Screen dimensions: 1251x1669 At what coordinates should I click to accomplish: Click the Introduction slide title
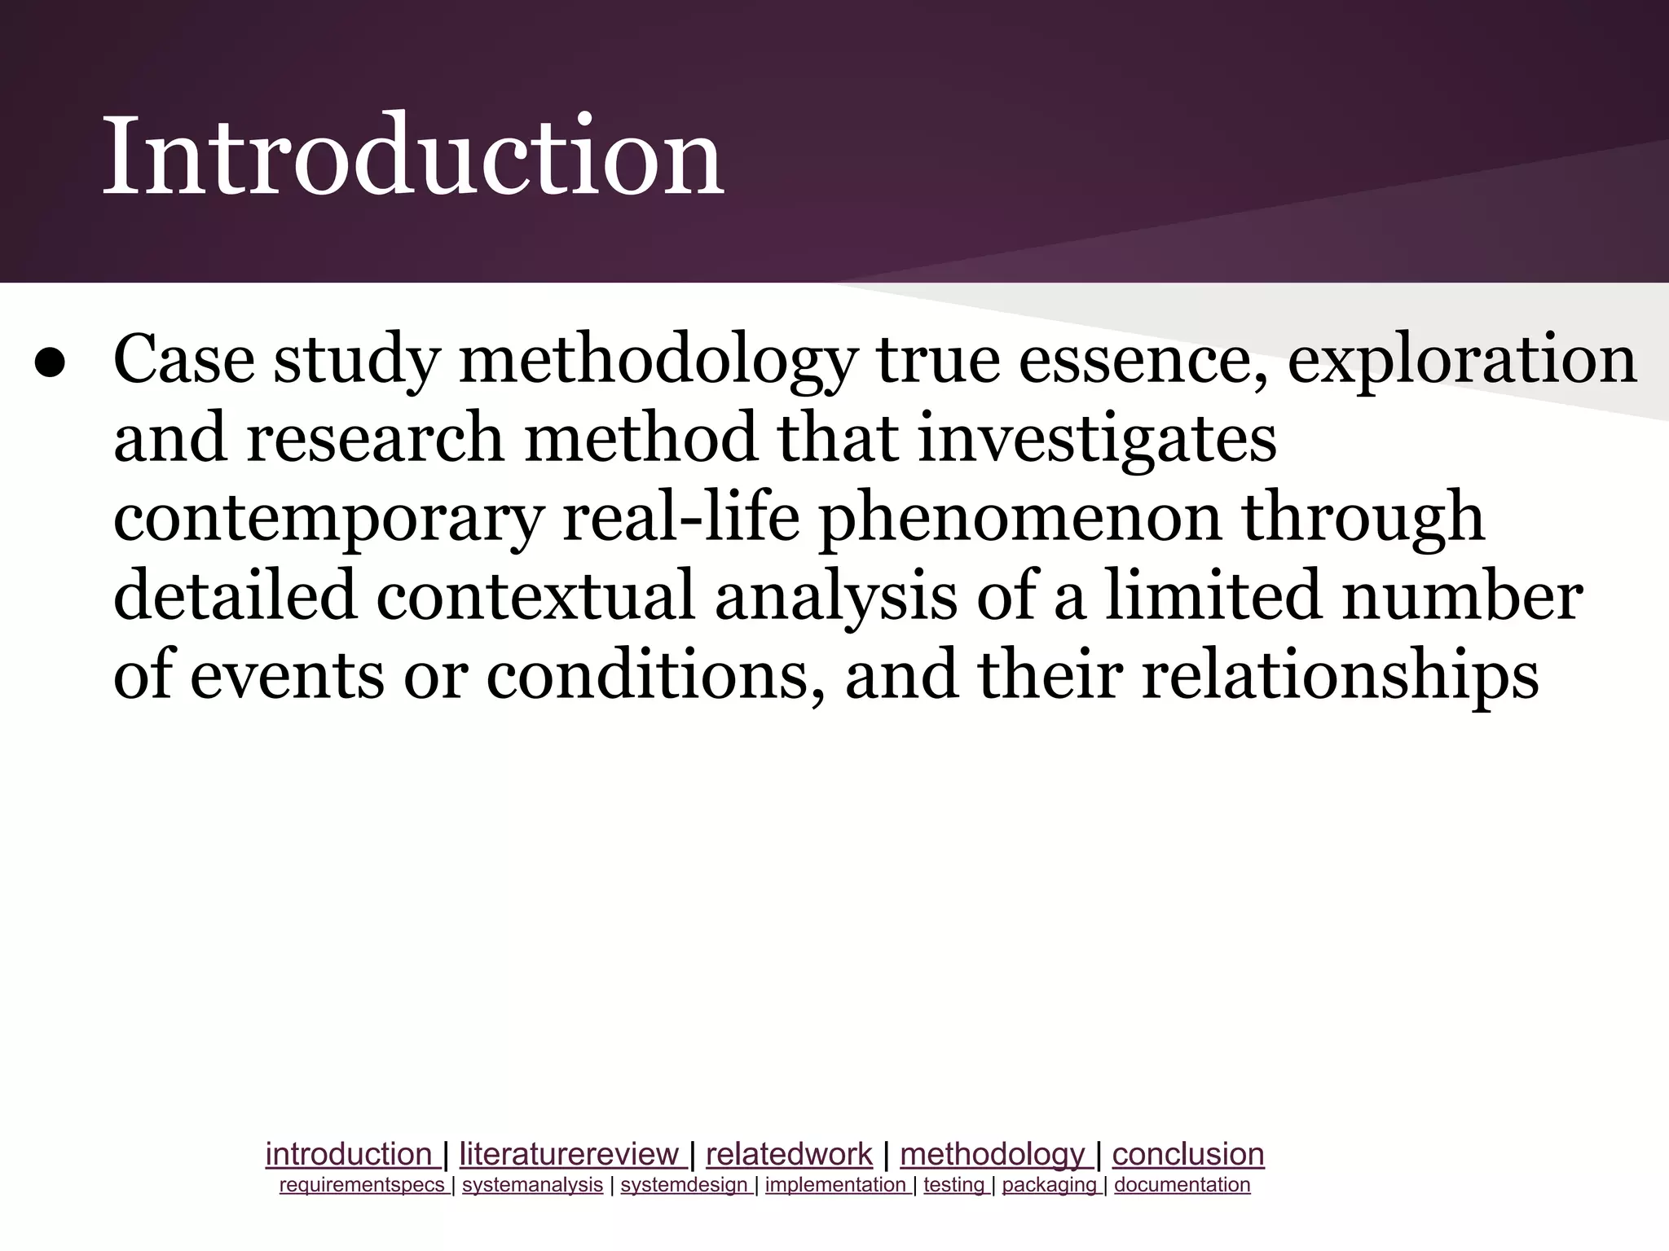point(412,156)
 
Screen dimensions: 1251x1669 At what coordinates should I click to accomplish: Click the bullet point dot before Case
point(51,365)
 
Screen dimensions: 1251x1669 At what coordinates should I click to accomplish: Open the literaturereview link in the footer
point(569,1154)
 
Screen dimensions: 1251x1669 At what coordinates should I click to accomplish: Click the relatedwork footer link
point(789,1154)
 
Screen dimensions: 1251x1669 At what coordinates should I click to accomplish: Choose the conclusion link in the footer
point(1187,1154)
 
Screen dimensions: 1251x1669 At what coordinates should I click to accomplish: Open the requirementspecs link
point(362,1185)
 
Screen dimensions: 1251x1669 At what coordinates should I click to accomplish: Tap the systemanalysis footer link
point(532,1185)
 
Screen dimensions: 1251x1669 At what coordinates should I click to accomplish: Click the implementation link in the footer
point(835,1185)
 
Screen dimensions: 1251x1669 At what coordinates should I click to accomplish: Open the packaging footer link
point(1049,1185)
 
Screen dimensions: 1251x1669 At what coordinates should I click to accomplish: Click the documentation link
point(1182,1185)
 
